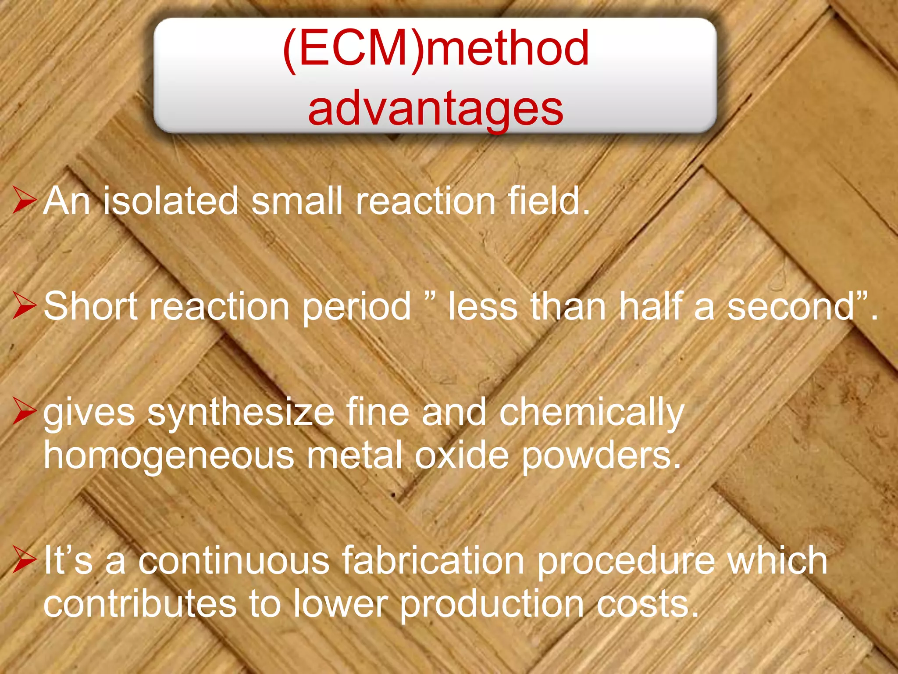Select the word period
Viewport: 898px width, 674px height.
(x=356, y=307)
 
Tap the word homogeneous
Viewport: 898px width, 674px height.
(x=169, y=456)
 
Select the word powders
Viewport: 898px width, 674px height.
(x=601, y=456)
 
